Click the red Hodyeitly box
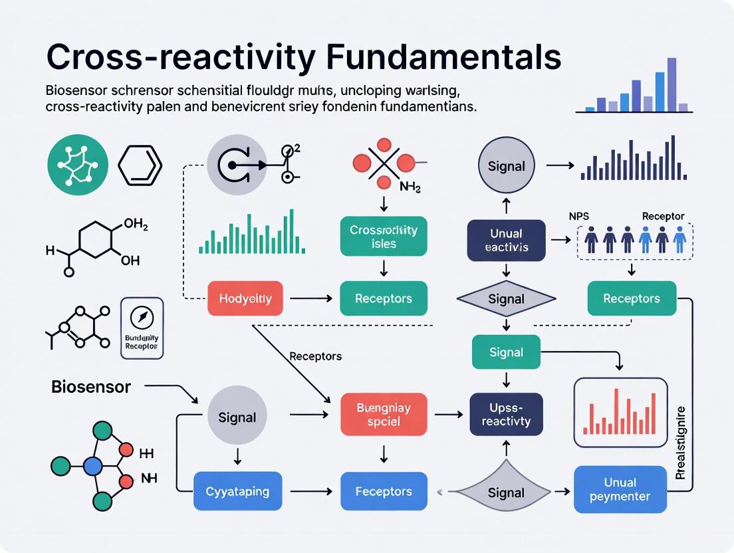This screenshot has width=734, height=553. (245, 298)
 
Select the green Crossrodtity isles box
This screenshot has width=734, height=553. (384, 237)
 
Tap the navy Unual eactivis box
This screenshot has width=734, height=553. (506, 240)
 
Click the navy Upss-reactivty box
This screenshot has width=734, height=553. (506, 414)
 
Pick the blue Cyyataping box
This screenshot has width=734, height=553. (237, 492)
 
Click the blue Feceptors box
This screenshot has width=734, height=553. (384, 492)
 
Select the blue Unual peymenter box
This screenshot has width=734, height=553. (620, 489)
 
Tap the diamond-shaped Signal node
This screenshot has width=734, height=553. (506, 299)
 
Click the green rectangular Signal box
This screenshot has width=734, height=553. (506, 352)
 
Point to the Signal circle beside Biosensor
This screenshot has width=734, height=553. (237, 417)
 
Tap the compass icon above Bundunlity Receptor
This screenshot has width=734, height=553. (142, 318)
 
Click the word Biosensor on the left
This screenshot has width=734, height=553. (91, 387)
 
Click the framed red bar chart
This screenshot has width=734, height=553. (620, 412)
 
